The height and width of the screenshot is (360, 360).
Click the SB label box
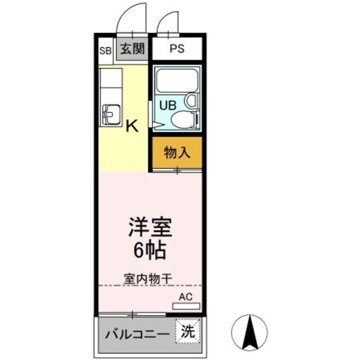tap(105, 50)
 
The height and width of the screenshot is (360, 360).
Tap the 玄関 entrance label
tap(132, 49)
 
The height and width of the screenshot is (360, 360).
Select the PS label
tap(177, 49)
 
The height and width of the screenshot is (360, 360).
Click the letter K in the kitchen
tap(131, 126)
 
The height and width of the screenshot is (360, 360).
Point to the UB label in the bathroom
tap(166, 105)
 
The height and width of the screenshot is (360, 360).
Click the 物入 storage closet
tap(175, 152)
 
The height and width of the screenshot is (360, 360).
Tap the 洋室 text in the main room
tap(149, 228)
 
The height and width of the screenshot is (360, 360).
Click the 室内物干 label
tap(148, 278)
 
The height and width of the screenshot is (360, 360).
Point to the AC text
tap(185, 296)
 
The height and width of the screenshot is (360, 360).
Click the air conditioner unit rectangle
tap(186, 307)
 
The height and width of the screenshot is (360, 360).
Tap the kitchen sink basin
tap(111, 115)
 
